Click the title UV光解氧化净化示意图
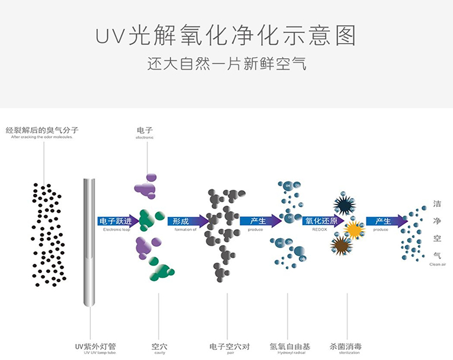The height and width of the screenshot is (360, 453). [226, 36]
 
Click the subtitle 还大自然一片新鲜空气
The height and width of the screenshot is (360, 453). [226, 64]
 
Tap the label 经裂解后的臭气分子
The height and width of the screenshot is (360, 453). [42, 130]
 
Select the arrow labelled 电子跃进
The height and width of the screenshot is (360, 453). [119, 221]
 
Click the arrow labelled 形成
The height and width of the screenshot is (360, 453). [188, 221]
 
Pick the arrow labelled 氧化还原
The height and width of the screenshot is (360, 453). [323, 221]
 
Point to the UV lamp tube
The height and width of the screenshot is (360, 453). [90, 242]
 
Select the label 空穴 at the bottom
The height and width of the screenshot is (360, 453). [159, 346]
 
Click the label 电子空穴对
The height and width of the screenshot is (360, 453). [229, 346]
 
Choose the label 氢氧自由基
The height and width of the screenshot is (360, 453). [290, 346]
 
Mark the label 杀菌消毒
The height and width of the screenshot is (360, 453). [347, 346]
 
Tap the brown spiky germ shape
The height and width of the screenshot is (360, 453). [341, 245]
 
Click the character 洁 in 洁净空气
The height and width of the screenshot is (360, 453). [437, 204]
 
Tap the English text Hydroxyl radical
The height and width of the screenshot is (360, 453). [290, 353]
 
